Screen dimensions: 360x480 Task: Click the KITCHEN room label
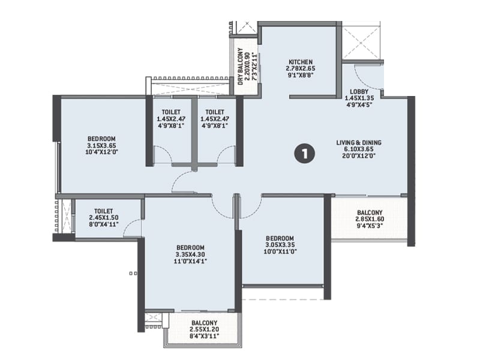(300, 62)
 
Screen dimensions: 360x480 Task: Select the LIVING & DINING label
(359, 143)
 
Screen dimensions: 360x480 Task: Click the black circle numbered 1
(305, 154)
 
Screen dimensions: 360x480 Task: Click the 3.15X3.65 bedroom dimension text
(101, 145)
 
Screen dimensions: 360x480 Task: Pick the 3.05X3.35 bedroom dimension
(280, 245)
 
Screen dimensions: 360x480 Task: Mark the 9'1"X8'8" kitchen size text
(300, 76)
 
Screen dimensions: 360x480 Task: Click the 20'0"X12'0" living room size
(359, 157)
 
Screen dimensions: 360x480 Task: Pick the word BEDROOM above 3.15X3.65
(101, 139)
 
